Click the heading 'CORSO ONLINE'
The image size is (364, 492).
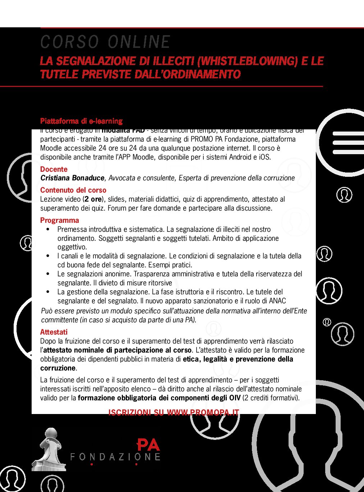point(105,42)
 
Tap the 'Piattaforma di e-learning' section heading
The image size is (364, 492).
point(81,121)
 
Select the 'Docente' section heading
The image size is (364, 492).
point(54,169)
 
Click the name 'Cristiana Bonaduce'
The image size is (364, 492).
point(72,178)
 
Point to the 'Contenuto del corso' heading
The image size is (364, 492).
point(73,190)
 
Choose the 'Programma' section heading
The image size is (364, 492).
point(60,220)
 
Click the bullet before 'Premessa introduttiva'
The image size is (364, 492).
point(48,229)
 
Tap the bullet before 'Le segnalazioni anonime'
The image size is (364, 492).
point(48,274)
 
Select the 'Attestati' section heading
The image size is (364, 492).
point(54,332)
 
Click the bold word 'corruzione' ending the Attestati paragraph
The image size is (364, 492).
point(58,368)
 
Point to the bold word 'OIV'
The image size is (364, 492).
point(235,398)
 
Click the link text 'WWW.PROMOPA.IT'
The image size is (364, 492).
point(203,412)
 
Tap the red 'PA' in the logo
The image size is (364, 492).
point(148,445)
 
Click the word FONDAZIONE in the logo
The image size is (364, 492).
point(115,457)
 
